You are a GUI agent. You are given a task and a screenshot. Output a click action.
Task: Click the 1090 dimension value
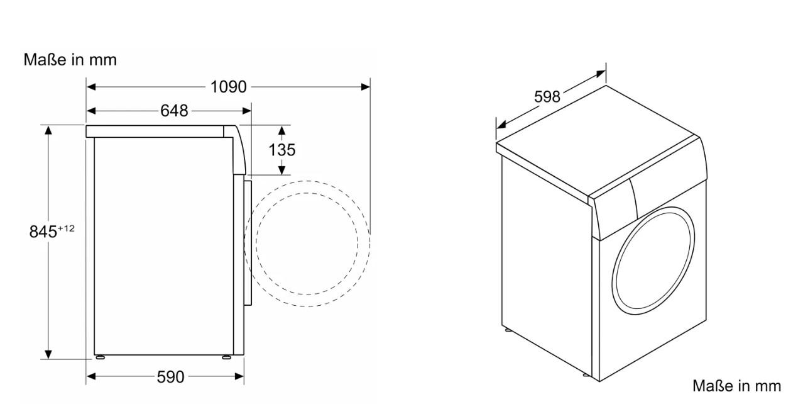[x=228, y=87]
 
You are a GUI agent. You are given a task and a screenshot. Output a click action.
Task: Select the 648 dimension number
[x=174, y=111]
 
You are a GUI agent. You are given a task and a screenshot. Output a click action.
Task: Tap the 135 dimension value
[x=281, y=150]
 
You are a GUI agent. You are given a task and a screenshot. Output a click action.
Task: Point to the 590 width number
[x=171, y=377]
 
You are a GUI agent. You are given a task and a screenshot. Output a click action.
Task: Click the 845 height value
[x=43, y=232]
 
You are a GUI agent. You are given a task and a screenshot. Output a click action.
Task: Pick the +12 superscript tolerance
[x=66, y=228]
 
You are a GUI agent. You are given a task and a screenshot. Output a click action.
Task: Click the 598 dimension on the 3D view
[x=547, y=97]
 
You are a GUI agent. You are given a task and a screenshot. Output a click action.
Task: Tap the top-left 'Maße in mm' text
[x=70, y=60]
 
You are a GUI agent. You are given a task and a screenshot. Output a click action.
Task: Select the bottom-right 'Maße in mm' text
[x=736, y=386]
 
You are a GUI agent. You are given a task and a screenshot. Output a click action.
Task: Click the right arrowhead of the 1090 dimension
[x=366, y=87]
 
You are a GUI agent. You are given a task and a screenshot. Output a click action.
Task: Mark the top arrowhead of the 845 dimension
[x=48, y=130]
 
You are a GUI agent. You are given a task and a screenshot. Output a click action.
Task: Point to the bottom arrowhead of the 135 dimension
[x=281, y=171]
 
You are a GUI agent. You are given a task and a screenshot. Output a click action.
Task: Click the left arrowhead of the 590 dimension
[x=91, y=376]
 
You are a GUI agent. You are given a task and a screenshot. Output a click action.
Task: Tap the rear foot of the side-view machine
[x=100, y=357]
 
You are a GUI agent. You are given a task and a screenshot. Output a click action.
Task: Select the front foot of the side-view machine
[x=227, y=357]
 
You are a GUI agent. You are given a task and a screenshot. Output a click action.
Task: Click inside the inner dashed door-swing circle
[x=307, y=244]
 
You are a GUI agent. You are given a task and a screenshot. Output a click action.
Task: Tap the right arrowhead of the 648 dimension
[x=247, y=111]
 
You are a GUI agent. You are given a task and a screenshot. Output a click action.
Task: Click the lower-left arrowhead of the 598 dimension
[x=501, y=125]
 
